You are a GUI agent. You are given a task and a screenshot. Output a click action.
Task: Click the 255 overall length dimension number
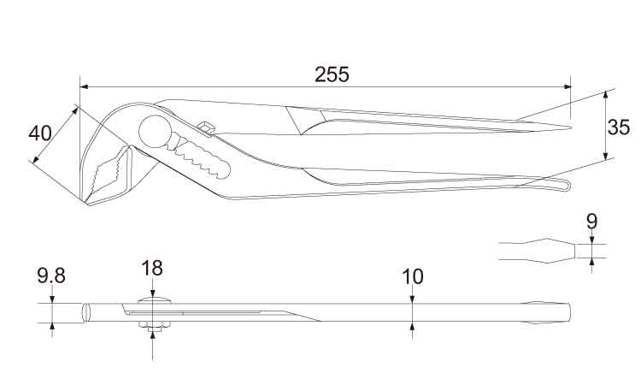pyautogui.click(x=332, y=75)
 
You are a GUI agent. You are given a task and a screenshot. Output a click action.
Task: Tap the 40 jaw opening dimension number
pyautogui.click(x=40, y=133)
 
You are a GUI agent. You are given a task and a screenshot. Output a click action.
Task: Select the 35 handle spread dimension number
pyautogui.click(x=619, y=127)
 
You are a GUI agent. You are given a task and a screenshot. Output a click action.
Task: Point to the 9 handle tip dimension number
pyautogui.click(x=592, y=222)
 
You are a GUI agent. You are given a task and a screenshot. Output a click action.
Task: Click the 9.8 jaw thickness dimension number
pyautogui.click(x=51, y=275)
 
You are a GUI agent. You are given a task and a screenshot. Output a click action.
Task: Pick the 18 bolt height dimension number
pyautogui.click(x=152, y=269)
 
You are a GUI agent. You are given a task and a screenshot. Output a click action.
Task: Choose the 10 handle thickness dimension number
pyautogui.click(x=413, y=277)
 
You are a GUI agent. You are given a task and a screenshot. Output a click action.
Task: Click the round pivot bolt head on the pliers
pyautogui.click(x=155, y=132)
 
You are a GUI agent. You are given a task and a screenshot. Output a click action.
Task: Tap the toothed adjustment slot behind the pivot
pyautogui.click(x=199, y=157)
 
